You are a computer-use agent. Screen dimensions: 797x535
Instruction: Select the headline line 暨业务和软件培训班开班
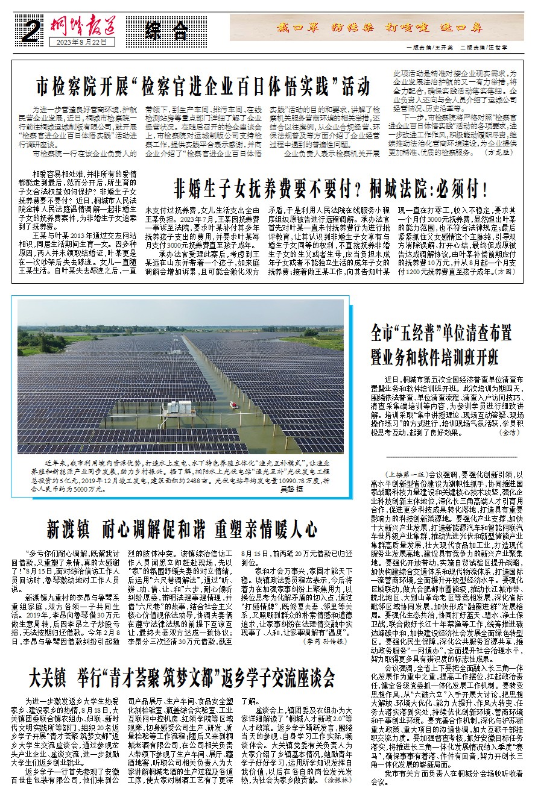(435, 357)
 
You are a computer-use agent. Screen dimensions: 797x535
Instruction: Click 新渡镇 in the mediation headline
(69, 530)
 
